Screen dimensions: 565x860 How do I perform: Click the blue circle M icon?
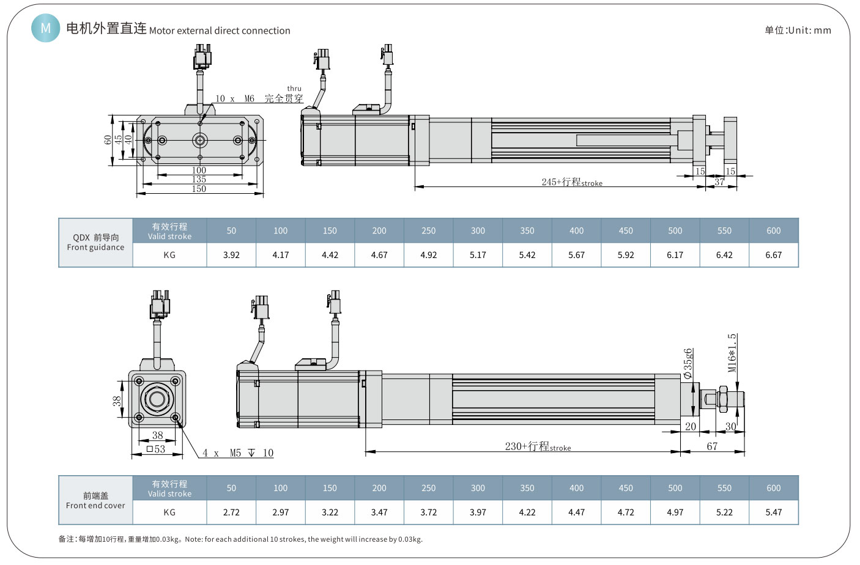click(45, 28)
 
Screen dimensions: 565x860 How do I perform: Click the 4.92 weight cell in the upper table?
click(428, 255)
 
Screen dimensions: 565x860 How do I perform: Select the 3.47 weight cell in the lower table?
click(379, 512)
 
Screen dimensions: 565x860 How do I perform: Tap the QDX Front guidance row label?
click(95, 242)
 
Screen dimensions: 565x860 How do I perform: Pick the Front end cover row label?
click(95, 500)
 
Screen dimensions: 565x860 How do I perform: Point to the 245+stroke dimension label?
click(571, 182)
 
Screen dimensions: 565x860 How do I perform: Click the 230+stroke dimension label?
click(538, 446)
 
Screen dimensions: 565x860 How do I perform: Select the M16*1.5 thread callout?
click(732, 353)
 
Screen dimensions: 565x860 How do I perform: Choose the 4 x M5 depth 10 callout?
click(238, 453)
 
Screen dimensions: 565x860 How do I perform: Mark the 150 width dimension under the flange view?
click(199, 189)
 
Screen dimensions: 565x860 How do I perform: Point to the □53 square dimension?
click(156, 449)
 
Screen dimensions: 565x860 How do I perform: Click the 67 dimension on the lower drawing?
click(712, 446)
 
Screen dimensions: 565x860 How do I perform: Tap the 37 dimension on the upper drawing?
click(719, 182)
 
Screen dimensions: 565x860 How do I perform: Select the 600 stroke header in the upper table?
click(773, 231)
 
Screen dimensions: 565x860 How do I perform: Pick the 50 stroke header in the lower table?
click(231, 488)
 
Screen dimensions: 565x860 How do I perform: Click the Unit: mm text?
click(798, 30)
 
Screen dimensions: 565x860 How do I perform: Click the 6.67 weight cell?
click(773, 255)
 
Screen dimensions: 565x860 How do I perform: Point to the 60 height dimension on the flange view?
click(108, 140)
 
